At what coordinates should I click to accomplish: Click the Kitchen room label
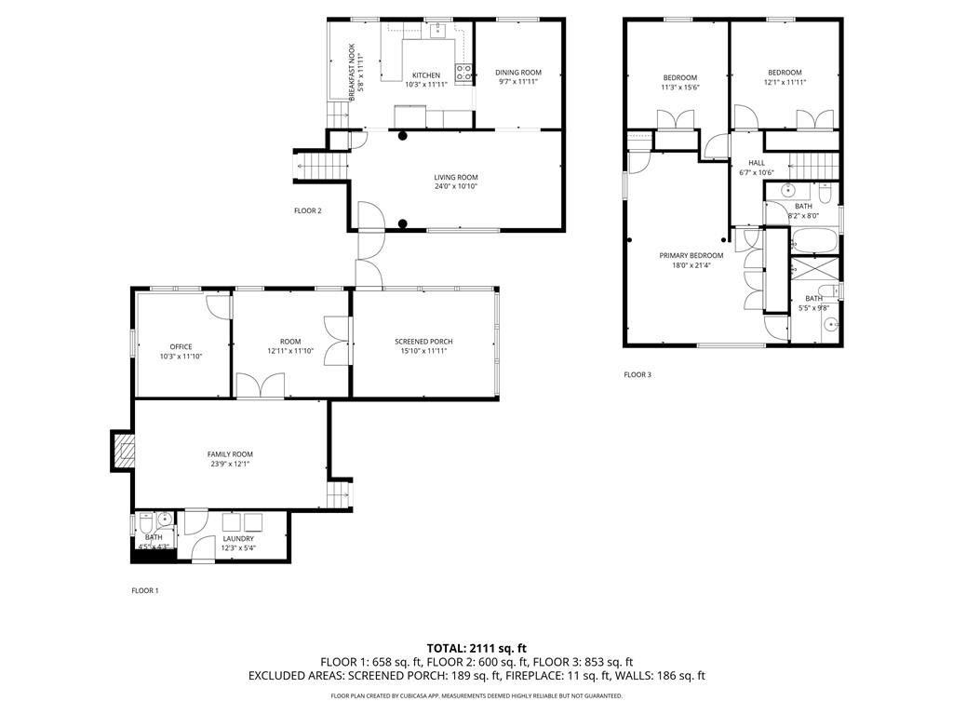point(426,75)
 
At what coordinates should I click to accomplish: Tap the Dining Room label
point(518,72)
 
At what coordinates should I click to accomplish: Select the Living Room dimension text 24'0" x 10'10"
point(455,186)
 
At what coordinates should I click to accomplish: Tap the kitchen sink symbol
point(436,30)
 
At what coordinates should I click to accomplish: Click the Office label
point(181,346)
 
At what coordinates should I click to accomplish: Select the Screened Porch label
point(423,342)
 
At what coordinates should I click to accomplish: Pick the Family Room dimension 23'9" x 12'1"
point(229,464)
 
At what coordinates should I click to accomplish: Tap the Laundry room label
point(238,538)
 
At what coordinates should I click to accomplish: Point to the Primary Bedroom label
point(691,255)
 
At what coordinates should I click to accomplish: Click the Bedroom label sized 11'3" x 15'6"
point(679,77)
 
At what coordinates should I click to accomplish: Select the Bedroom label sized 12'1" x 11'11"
point(785,73)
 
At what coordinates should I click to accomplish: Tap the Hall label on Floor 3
point(756,163)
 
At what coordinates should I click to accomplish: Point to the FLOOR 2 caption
point(308,210)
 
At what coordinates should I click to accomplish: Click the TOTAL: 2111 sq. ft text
point(476,647)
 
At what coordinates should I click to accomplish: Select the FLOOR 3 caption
point(638,374)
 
